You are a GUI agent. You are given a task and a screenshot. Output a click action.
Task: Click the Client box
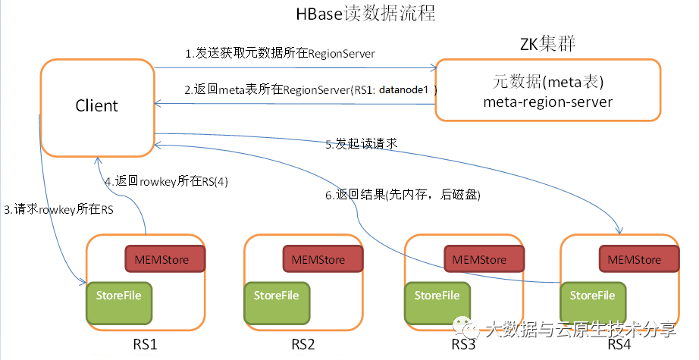point(96,106)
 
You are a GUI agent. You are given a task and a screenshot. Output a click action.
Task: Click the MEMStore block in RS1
point(165,259)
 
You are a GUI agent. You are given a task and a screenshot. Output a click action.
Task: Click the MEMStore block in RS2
point(324,259)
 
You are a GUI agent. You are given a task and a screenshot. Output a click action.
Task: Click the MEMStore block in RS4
point(640,259)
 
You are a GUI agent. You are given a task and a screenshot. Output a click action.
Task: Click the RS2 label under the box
point(302,345)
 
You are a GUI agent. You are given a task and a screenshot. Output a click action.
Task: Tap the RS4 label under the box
point(619,345)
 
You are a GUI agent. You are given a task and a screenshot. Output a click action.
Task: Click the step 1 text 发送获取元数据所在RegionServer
point(281,54)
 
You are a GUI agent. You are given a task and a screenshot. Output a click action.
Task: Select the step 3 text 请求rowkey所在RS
point(58,211)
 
